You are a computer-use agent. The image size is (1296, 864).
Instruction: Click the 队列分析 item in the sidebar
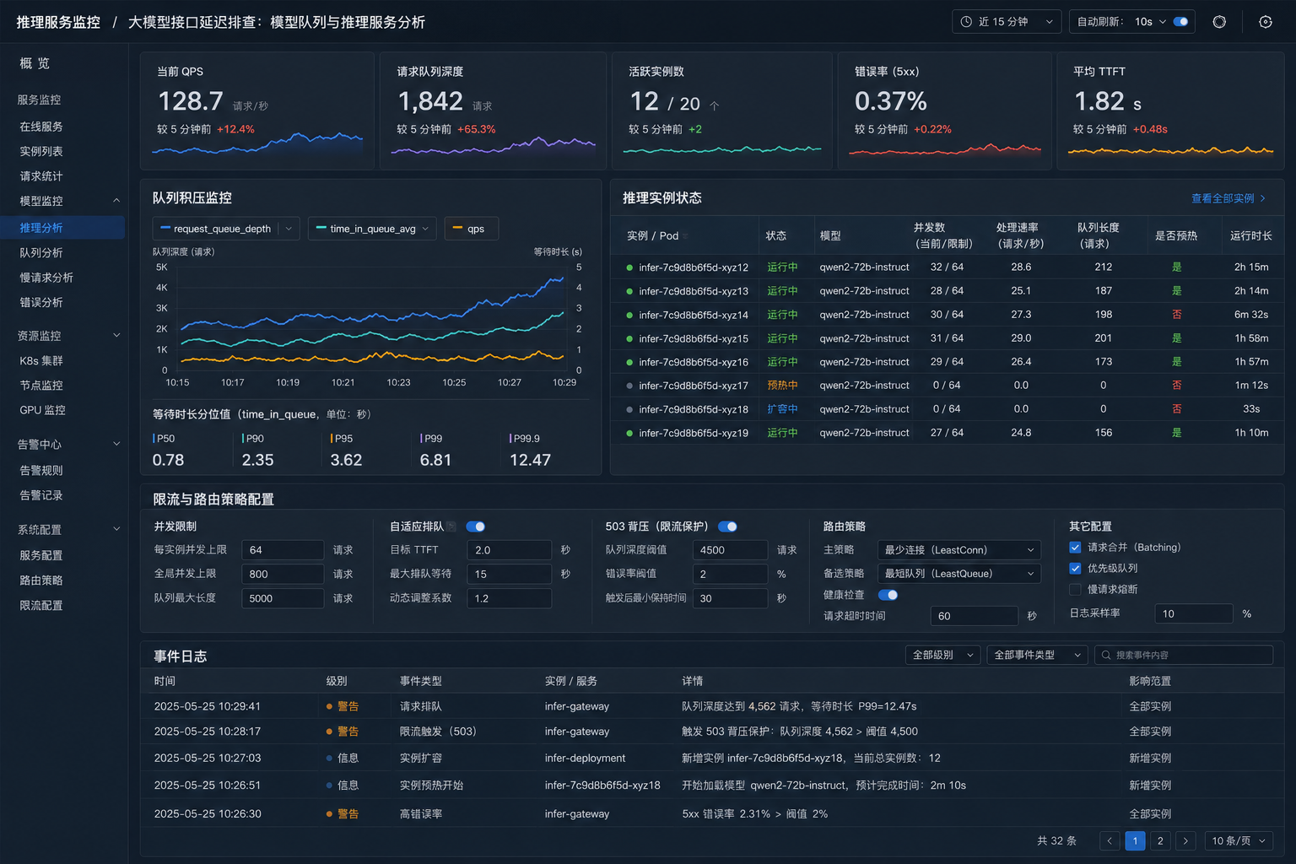coord(41,253)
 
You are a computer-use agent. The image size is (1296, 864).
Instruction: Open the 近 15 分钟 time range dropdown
coord(1006,22)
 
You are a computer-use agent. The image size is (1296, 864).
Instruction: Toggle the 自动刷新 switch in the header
coord(1180,22)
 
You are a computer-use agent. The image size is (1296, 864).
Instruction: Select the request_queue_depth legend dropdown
coord(226,229)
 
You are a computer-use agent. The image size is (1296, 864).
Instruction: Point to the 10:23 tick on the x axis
coord(398,382)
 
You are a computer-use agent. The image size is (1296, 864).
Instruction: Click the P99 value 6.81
coord(435,460)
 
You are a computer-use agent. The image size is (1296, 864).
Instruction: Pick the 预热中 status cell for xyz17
coord(782,386)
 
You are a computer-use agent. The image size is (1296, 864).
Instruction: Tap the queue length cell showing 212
coord(1103,267)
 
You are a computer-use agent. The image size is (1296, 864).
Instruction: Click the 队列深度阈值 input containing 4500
coord(730,550)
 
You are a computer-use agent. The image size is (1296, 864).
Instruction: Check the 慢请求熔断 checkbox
coord(1075,589)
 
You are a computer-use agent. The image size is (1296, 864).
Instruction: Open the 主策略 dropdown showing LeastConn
coord(958,550)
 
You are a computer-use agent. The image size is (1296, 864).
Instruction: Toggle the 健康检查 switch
coord(888,595)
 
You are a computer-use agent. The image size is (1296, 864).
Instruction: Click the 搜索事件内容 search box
coord(1183,655)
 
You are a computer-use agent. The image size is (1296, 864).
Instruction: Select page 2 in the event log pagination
coord(1160,841)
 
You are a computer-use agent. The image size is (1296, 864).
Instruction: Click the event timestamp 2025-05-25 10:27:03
coord(207,758)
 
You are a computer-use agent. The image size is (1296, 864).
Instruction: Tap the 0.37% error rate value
coord(890,102)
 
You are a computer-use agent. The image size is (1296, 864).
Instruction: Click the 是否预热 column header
coord(1175,235)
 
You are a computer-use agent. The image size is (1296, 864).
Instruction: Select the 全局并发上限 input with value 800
coord(283,574)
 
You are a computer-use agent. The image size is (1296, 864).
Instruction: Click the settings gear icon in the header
coord(1266,22)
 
